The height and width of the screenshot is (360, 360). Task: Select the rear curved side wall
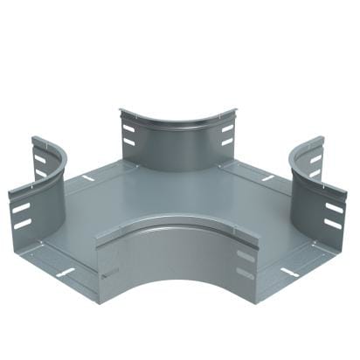tap(178, 144)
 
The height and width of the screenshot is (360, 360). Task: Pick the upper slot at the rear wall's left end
tap(128, 128)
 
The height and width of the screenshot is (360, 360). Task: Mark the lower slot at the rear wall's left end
tap(129, 142)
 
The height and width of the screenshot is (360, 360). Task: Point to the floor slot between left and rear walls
tap(87, 178)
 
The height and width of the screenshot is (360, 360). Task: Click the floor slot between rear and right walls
tap(267, 178)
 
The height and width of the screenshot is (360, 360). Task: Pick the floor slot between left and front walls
tap(66, 272)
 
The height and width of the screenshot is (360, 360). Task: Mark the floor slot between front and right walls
tap(289, 272)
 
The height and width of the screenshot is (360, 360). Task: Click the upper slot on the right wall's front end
tap(334, 208)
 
